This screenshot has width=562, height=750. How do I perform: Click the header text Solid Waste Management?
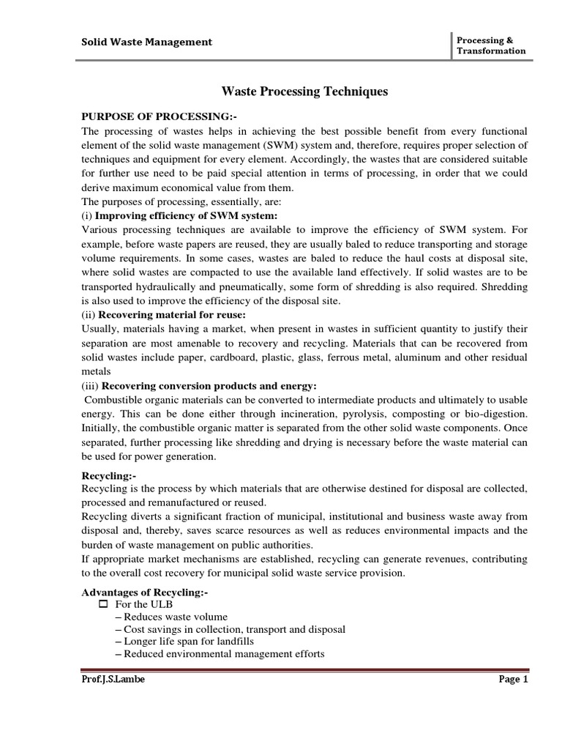click(146, 42)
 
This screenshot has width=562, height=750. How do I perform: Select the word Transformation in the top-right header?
click(490, 51)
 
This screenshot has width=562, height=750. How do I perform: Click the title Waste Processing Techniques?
click(304, 92)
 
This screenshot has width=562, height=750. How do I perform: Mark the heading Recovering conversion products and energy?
click(209, 386)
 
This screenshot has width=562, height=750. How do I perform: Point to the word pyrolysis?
click(356, 414)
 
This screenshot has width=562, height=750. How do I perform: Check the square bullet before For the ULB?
click(102, 604)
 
